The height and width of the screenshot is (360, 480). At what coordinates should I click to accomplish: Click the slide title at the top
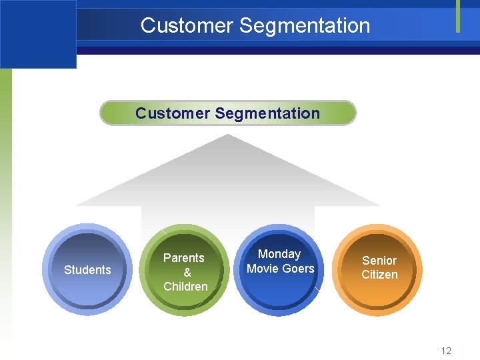pyautogui.click(x=255, y=25)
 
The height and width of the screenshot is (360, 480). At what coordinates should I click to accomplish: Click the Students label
pyautogui.click(x=87, y=270)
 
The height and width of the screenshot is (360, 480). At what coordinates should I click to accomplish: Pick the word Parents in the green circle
pyautogui.click(x=184, y=257)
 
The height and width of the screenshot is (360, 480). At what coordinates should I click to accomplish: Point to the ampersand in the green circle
pyautogui.click(x=187, y=272)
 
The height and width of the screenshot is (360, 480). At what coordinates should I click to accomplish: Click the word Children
pyautogui.click(x=185, y=287)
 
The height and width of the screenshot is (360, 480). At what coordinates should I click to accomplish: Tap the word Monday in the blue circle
pyautogui.click(x=279, y=254)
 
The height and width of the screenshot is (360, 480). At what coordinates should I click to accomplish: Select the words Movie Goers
pyautogui.click(x=281, y=269)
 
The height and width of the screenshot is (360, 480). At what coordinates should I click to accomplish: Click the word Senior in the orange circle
pyautogui.click(x=379, y=260)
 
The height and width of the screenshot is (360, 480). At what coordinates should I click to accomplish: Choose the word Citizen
pyautogui.click(x=379, y=275)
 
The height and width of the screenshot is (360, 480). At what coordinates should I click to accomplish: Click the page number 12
pyautogui.click(x=446, y=351)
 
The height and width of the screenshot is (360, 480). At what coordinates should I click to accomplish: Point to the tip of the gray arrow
pyautogui.click(x=228, y=136)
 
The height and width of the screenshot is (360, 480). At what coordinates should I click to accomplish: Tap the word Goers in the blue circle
pyautogui.click(x=298, y=269)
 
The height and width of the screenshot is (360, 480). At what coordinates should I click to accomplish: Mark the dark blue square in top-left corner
pyautogui.click(x=38, y=33)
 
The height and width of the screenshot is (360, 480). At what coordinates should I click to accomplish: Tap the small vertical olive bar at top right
pyautogui.click(x=458, y=16)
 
